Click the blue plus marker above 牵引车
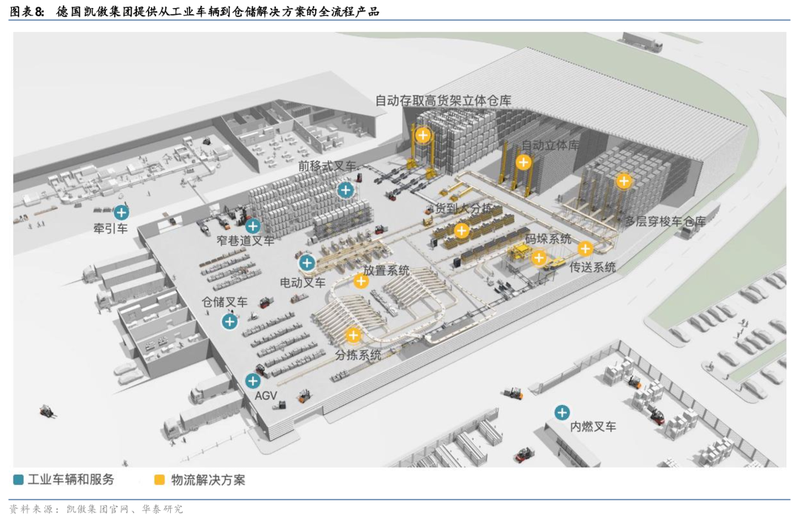click(121, 212)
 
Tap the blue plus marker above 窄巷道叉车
click(253, 225)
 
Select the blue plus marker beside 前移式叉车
click(345, 190)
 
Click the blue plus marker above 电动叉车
click(307, 263)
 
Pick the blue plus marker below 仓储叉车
click(230, 321)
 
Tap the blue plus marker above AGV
click(253, 381)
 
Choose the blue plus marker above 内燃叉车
click(562, 412)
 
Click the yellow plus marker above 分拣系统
click(353, 335)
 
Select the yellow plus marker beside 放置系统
click(361, 281)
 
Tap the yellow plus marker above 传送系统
click(585, 248)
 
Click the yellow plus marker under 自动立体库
click(523, 162)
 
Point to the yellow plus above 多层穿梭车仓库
click(624, 181)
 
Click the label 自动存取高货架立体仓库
click(443, 101)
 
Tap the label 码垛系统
click(548, 238)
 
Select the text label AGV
click(266, 395)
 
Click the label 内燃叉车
click(593, 426)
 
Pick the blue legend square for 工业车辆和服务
click(18, 480)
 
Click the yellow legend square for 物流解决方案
click(160, 480)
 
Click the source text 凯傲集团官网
click(98, 509)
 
